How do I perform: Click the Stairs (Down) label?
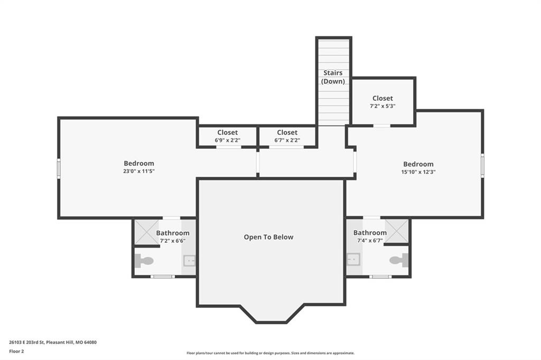(x=333, y=77)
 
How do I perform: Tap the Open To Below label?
(x=268, y=237)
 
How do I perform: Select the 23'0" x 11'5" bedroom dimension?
(x=139, y=172)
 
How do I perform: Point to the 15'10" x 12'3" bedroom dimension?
(x=418, y=172)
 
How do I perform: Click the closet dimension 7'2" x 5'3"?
(x=383, y=106)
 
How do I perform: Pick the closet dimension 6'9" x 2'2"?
(x=227, y=140)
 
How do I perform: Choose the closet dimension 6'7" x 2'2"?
(x=287, y=140)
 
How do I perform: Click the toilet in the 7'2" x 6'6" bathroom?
(x=144, y=261)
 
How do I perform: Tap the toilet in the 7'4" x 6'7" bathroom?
(x=399, y=260)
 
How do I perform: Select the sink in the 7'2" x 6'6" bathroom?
(x=189, y=261)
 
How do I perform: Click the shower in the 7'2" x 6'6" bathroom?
(x=147, y=232)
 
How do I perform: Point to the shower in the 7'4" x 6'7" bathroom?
(x=397, y=231)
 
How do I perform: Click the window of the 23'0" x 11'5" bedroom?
(x=59, y=168)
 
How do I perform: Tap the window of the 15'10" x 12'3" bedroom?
(x=482, y=166)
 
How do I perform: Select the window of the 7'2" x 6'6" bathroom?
(x=163, y=276)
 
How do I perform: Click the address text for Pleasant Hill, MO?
(x=53, y=343)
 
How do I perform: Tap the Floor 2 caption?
(x=16, y=352)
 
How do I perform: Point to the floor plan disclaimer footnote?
(x=270, y=353)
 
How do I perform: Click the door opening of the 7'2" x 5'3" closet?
(x=381, y=126)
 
